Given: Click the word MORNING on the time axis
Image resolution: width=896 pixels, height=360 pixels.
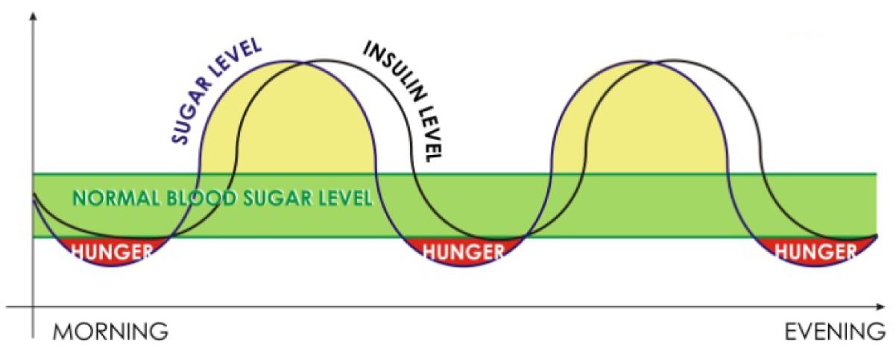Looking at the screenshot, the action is tap(110, 332).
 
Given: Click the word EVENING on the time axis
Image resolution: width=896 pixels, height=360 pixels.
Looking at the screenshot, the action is tap(835, 332).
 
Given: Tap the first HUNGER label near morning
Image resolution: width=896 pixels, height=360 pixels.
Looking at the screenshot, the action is tap(113, 253).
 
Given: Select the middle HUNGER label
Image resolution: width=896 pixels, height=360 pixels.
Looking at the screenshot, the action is tap(463, 253).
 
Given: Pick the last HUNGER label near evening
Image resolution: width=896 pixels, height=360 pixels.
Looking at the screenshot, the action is tap(815, 253).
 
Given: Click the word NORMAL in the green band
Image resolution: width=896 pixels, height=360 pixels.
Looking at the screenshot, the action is tap(116, 198).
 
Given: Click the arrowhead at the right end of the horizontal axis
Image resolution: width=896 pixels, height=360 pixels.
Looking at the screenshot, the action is tap(881, 307).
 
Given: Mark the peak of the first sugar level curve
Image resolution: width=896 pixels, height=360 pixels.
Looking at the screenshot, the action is tap(287, 61).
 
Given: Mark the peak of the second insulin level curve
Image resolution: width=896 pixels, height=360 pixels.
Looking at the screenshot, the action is tap(676, 60).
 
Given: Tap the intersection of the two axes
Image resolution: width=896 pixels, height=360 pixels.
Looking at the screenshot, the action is tap(34, 307).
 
